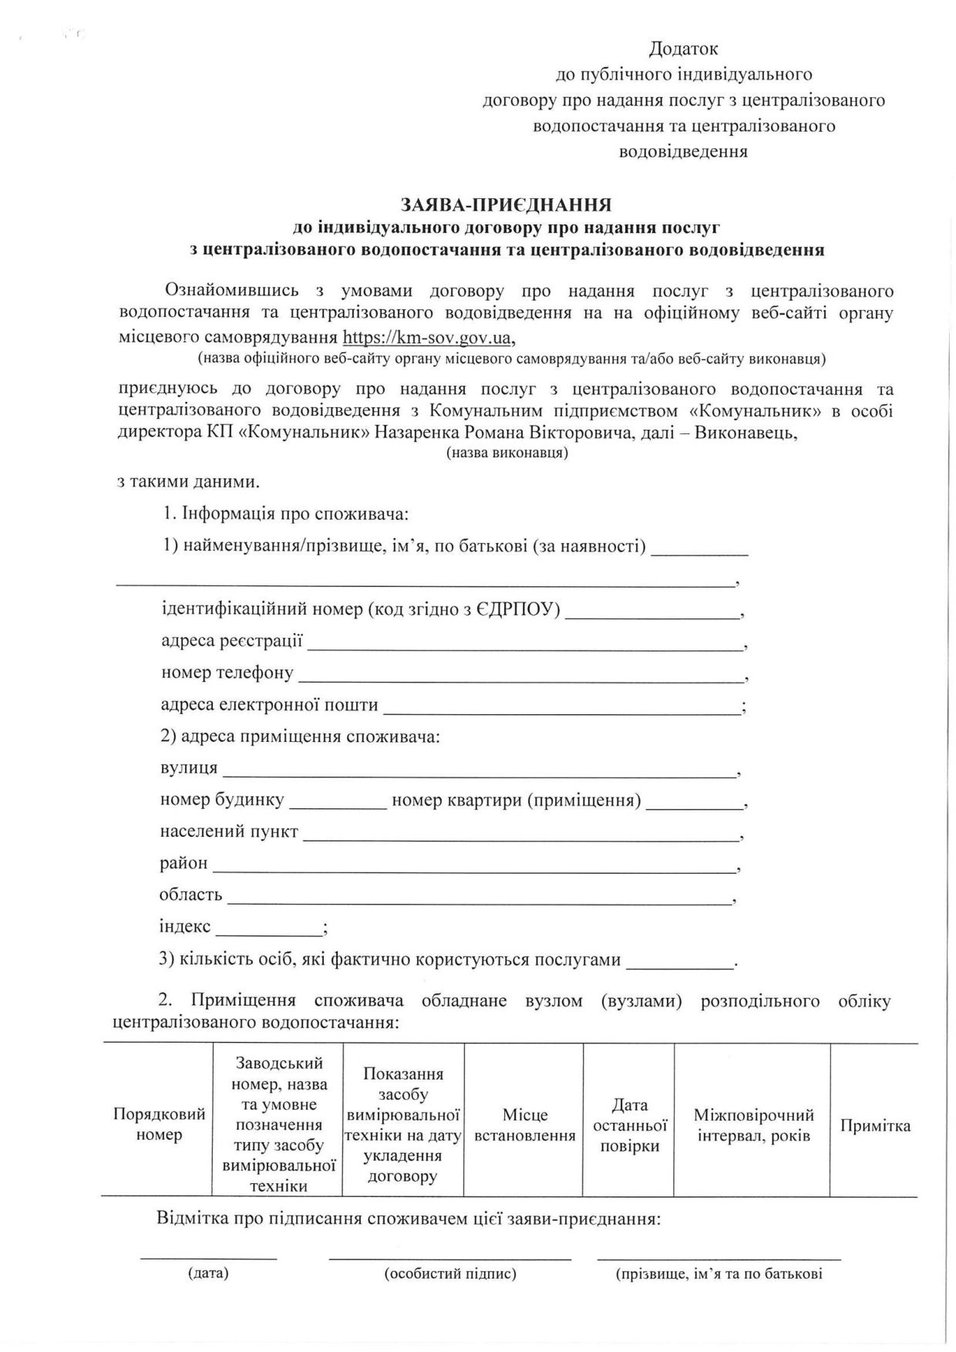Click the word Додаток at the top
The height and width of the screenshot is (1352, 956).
(683, 49)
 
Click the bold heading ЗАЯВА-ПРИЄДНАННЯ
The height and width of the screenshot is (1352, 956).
(506, 205)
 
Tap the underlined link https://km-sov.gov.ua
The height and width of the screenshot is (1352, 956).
(426, 337)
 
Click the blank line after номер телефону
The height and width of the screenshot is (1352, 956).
(520, 678)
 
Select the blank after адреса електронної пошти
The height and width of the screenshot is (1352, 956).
(562, 710)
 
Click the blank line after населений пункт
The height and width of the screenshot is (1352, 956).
(520, 837)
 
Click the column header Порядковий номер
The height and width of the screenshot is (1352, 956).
(159, 1124)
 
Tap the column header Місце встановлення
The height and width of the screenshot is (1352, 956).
(524, 1125)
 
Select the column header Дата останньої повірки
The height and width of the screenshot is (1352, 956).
(629, 1125)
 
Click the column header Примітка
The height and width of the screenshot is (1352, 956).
(875, 1126)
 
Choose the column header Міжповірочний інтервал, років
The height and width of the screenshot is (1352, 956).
(753, 1125)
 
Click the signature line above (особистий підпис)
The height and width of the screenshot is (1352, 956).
(450, 1258)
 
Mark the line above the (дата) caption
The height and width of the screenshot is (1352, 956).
(208, 1258)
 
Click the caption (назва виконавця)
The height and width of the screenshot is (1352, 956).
(507, 453)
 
